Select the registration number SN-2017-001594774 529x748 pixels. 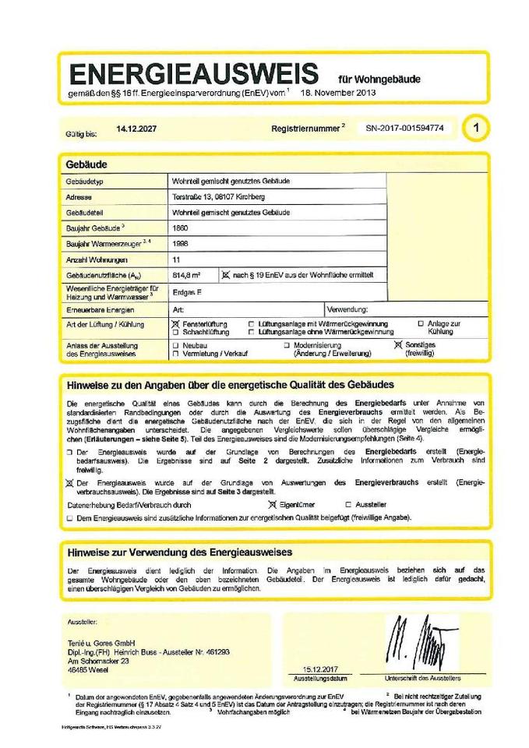[404, 127]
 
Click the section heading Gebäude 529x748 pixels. [87, 164]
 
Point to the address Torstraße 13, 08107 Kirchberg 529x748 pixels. [220, 197]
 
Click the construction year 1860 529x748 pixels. [180, 228]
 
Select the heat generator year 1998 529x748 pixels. [180, 243]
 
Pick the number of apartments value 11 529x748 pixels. [176, 259]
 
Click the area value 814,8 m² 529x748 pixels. [185, 274]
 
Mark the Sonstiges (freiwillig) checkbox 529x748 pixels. [398, 344]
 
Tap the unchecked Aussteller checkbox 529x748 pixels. [348, 505]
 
